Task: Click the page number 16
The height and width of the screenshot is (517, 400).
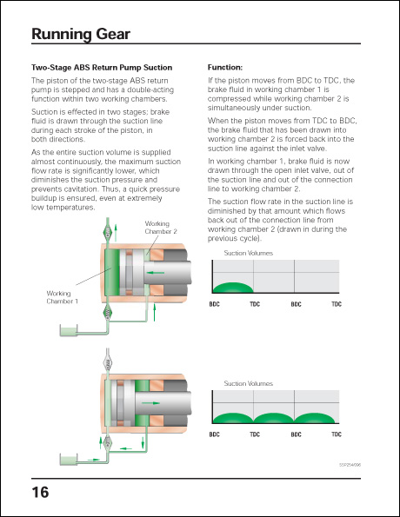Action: click(40, 492)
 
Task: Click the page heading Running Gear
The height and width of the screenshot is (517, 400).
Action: click(80, 35)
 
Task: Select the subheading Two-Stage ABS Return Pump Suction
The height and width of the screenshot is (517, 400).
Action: click(102, 68)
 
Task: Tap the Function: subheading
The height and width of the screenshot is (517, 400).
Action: click(224, 68)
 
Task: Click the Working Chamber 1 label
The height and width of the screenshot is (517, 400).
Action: click(63, 297)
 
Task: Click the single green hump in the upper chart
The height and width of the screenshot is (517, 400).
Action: click(233, 288)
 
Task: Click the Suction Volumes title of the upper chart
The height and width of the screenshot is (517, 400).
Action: click(249, 253)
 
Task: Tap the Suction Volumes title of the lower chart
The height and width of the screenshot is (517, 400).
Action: click(249, 383)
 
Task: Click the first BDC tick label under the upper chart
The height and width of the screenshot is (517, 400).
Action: click(214, 304)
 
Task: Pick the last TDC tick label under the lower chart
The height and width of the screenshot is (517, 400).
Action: click(336, 434)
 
